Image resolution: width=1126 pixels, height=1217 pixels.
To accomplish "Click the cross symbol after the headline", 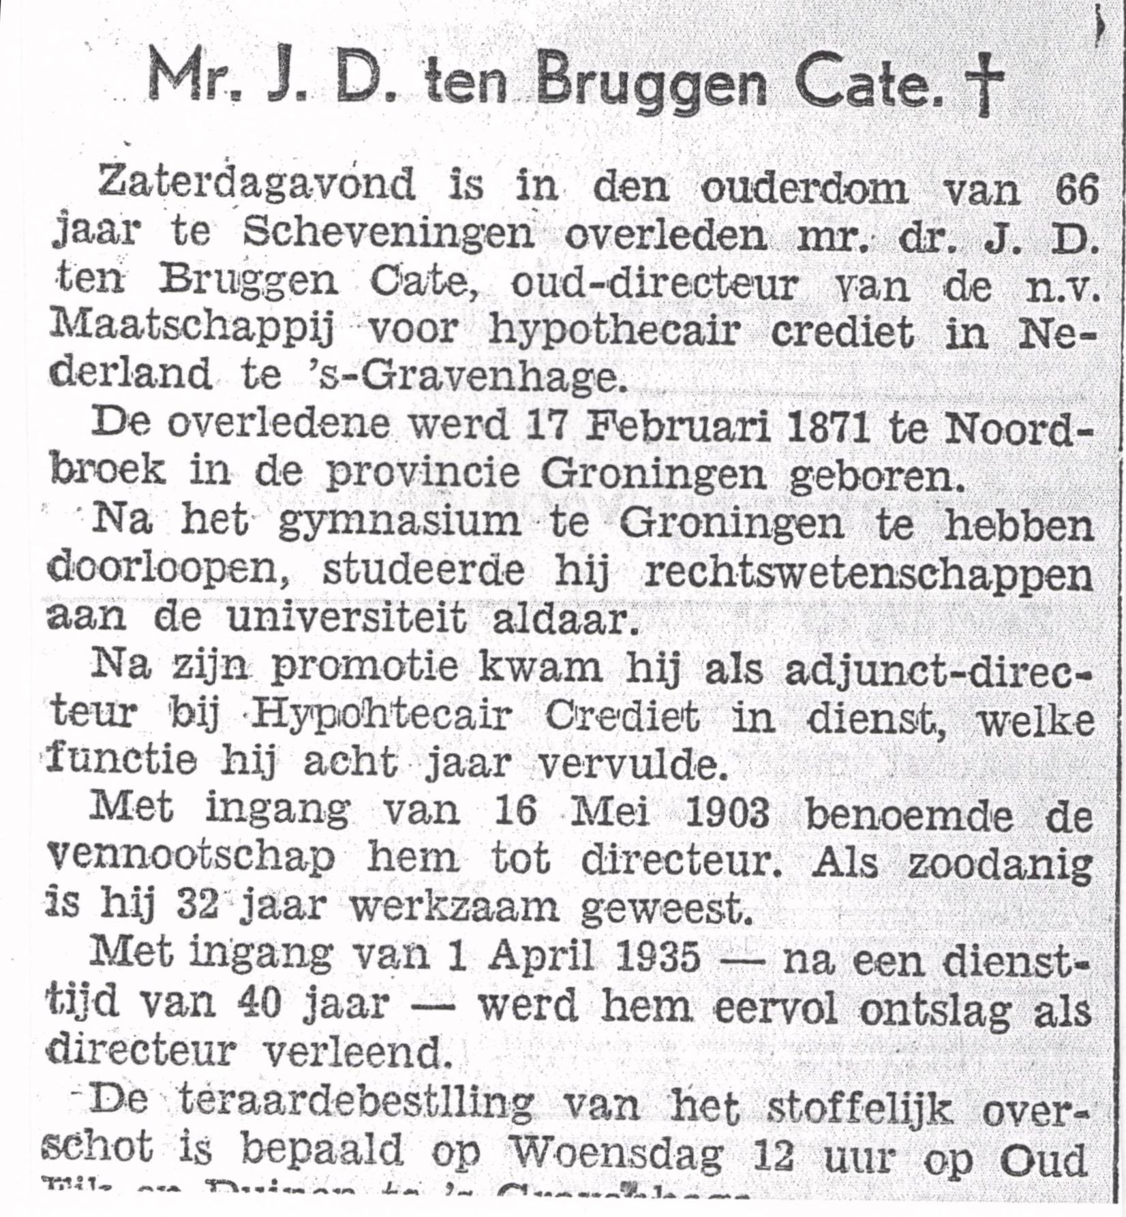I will [x=983, y=84].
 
